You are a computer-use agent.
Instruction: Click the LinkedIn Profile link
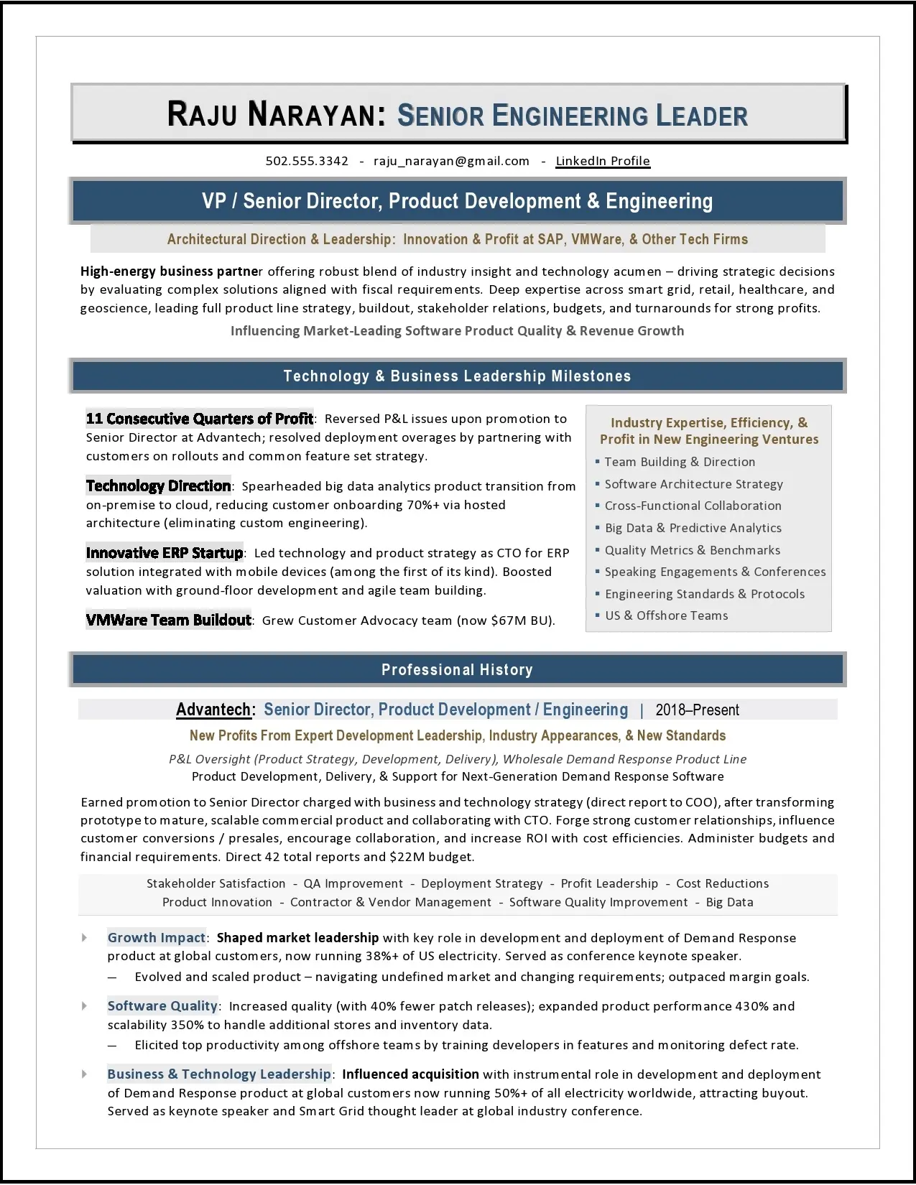[x=602, y=161]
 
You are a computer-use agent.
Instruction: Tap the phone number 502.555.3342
[x=307, y=161]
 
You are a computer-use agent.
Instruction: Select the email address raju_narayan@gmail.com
[x=451, y=161]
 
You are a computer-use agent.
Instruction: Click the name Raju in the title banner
[x=202, y=116]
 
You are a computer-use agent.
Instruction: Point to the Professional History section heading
[x=457, y=669]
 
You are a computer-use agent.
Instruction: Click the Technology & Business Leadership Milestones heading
[x=457, y=376]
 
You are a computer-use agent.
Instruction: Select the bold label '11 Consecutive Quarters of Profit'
[x=199, y=419]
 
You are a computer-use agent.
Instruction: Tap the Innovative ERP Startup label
[x=164, y=553]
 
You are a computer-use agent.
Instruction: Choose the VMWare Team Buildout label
[x=168, y=621]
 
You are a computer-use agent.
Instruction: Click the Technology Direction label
[x=158, y=486]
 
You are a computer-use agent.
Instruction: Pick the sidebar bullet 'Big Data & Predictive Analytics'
[x=693, y=528]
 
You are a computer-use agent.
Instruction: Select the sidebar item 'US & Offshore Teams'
[x=666, y=615]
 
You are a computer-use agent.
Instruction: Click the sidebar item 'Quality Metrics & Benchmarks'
[x=692, y=550]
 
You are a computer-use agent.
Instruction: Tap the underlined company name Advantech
[x=213, y=710]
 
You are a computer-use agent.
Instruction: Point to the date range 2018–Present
[x=697, y=710]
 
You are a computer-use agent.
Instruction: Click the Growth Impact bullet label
[x=156, y=937]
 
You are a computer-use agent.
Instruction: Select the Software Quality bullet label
[x=162, y=1006]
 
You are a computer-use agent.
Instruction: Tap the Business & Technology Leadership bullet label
[x=218, y=1074]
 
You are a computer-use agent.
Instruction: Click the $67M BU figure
[x=520, y=621]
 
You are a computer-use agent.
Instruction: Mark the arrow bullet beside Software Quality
[x=85, y=1006]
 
